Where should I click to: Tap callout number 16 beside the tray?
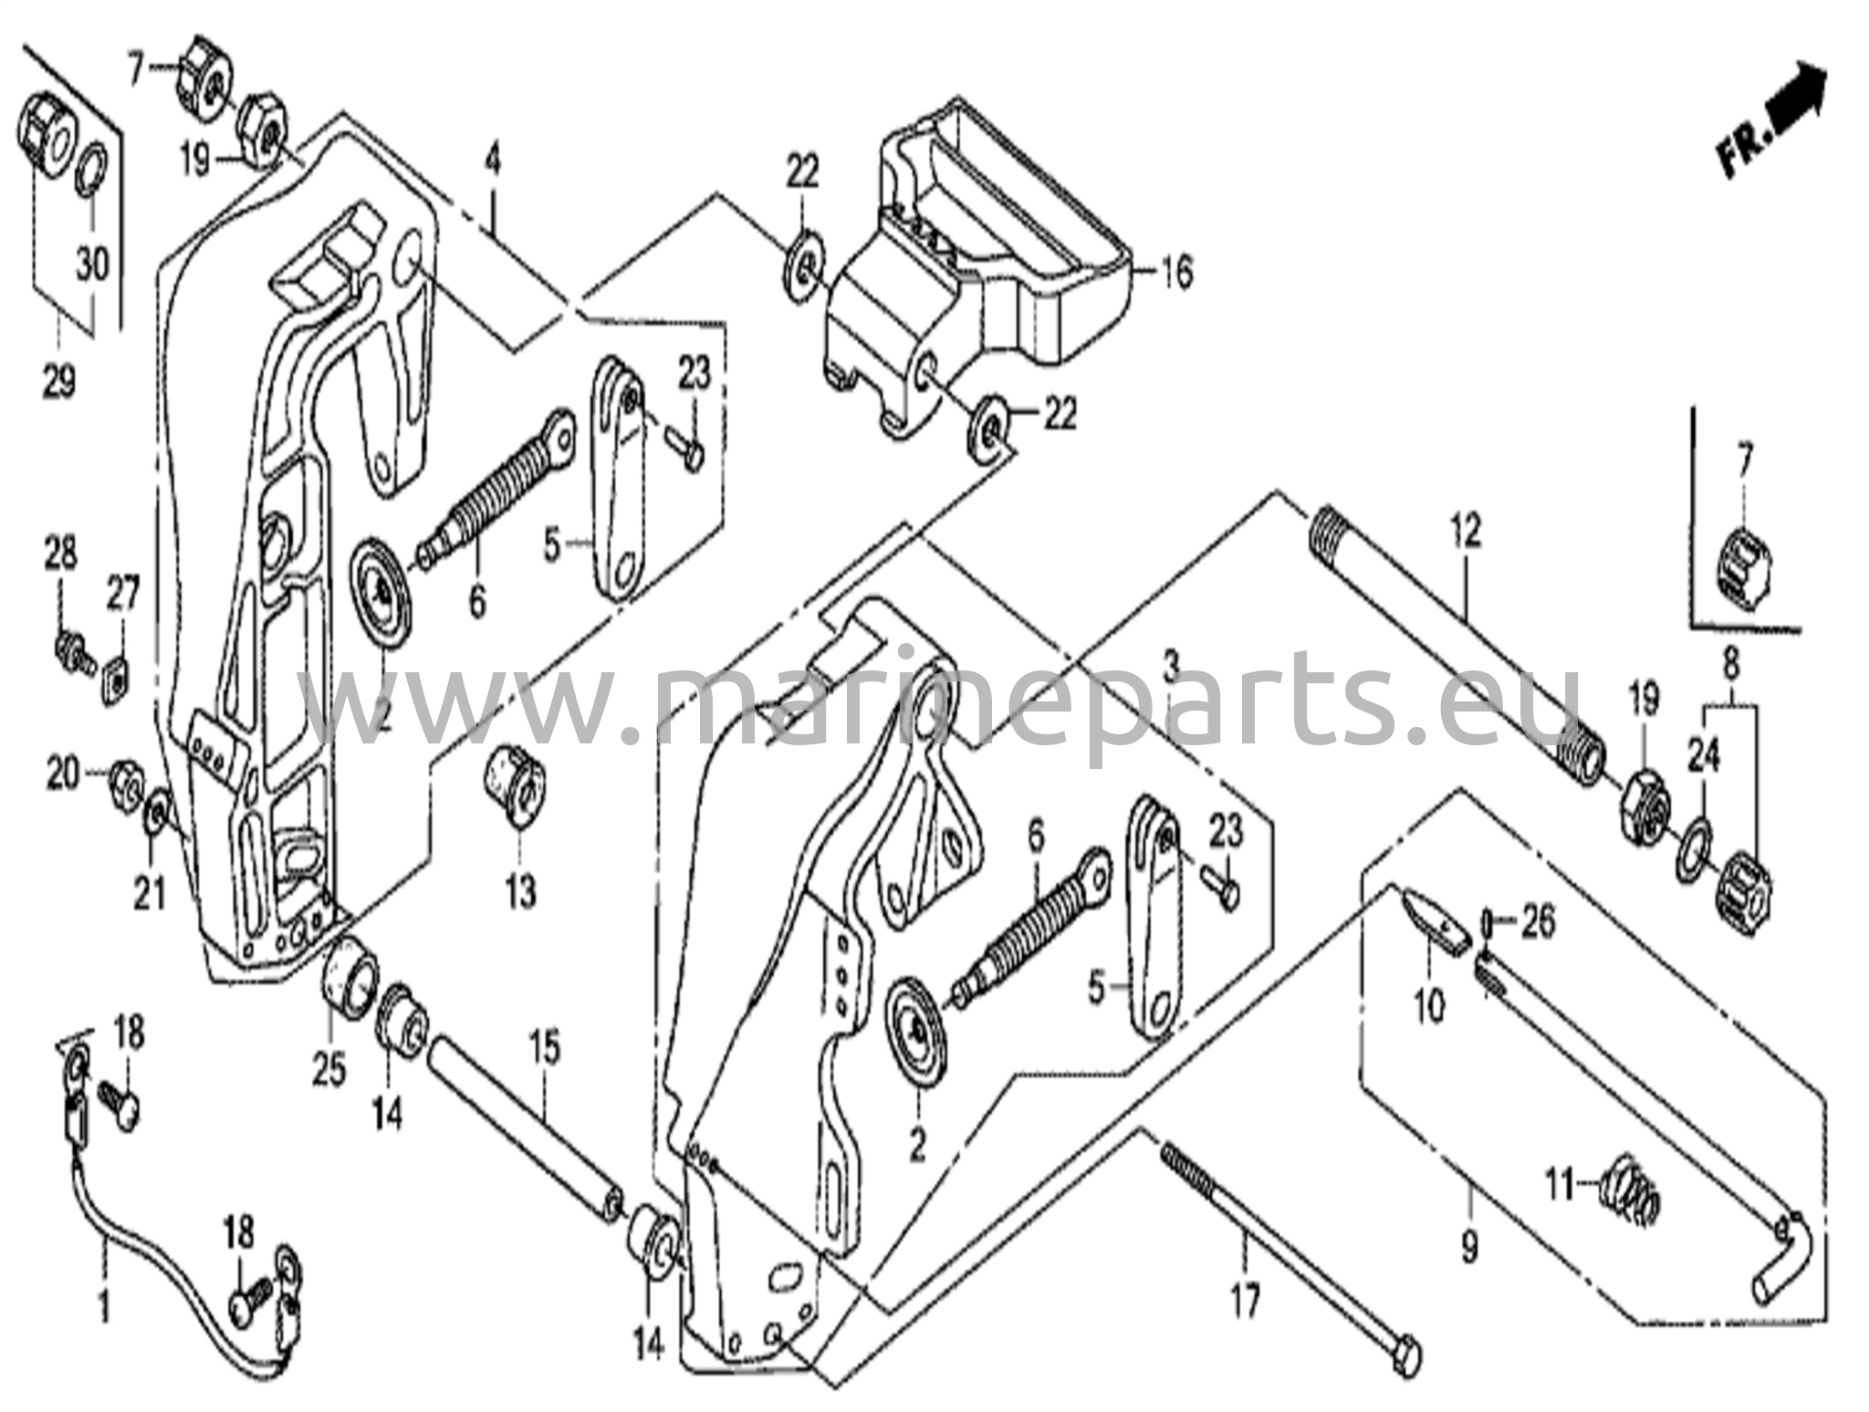[x=1178, y=272]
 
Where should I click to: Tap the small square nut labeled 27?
[x=116, y=675]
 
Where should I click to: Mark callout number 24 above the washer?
[x=1703, y=756]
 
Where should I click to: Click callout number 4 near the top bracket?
[x=493, y=161]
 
